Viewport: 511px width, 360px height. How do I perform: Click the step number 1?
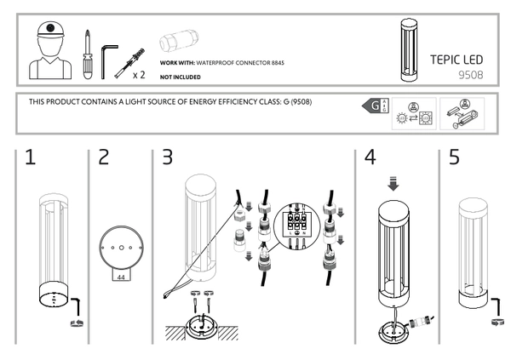29,157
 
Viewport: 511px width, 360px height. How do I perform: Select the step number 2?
104,157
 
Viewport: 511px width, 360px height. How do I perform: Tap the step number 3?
167,157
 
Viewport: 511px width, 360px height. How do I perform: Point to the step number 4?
369,157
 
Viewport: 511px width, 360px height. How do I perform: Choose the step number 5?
453,157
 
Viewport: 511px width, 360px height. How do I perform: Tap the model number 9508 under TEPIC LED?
470,74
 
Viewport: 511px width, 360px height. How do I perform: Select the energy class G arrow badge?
371,106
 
